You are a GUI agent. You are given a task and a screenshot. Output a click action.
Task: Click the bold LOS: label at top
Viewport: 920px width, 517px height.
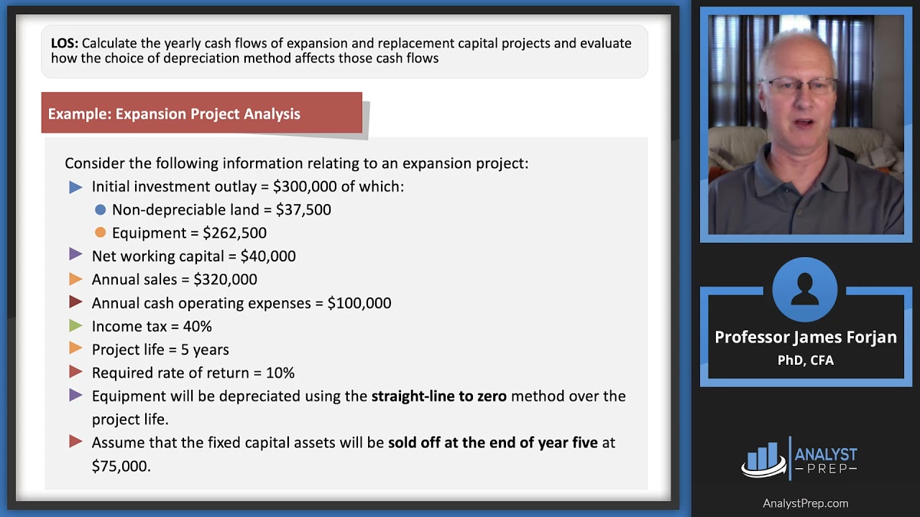coord(65,43)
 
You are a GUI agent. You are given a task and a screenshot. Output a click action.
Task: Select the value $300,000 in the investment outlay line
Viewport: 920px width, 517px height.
coord(305,187)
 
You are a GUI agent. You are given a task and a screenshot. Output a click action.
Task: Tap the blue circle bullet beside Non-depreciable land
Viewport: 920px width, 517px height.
coord(100,210)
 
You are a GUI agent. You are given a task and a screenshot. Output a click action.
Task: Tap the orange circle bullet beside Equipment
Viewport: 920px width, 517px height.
coord(100,233)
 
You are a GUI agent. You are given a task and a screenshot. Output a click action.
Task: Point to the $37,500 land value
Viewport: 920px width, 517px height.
coord(303,210)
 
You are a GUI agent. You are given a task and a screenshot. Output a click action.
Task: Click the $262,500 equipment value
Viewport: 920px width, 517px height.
coord(234,233)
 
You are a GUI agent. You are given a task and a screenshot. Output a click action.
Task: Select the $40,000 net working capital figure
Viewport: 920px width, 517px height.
coord(268,256)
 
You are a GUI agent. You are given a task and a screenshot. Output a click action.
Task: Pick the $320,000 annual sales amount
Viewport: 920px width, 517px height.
coord(225,279)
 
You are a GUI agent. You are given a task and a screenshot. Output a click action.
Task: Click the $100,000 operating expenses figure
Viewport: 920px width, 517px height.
coord(359,303)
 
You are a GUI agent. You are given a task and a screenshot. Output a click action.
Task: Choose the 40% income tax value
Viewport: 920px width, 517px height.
coord(197,327)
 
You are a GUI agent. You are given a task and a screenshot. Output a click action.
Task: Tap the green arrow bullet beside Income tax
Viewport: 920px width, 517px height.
coord(75,326)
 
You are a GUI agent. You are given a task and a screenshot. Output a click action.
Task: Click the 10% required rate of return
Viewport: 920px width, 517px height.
coord(280,373)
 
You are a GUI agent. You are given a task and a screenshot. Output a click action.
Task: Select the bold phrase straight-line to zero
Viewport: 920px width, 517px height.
coord(438,396)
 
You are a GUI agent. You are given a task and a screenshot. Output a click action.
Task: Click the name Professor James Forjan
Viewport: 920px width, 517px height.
coord(806,337)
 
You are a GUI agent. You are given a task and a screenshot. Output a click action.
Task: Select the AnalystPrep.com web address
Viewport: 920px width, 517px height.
coord(805,503)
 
